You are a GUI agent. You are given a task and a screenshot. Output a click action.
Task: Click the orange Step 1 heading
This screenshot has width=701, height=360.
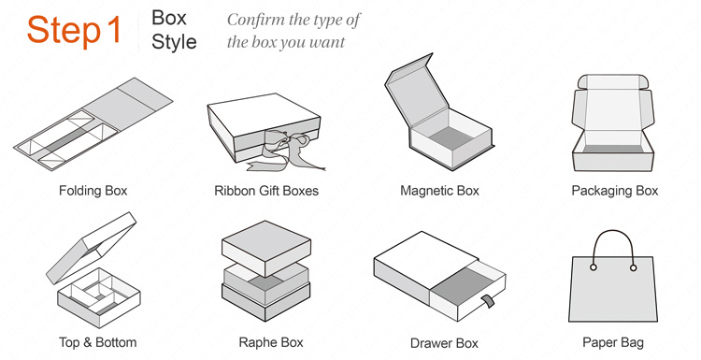point(74,30)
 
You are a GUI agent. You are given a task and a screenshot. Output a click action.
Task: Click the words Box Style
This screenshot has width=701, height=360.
point(174,30)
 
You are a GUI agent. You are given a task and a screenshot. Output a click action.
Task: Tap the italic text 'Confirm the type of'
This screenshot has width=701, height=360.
point(293,21)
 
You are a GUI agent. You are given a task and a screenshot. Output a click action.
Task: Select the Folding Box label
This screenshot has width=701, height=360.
point(93,191)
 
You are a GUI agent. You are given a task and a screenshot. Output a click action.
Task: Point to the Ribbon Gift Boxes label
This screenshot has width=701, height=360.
point(266,191)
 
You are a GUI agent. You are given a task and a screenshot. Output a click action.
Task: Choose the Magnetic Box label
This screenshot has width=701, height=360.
point(439,191)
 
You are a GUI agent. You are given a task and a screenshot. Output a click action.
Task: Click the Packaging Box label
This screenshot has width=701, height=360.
point(615,191)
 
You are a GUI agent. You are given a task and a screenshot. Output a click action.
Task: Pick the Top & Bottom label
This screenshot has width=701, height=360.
point(97,343)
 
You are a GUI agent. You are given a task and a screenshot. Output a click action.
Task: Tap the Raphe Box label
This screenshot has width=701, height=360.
point(271,343)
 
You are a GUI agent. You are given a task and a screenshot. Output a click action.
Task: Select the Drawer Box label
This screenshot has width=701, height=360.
point(444,343)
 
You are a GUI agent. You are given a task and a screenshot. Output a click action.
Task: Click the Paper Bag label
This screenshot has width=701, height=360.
point(613,343)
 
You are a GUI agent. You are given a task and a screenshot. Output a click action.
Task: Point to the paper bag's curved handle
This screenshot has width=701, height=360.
point(613,231)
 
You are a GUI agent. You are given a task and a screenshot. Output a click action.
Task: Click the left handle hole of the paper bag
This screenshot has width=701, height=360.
point(594,267)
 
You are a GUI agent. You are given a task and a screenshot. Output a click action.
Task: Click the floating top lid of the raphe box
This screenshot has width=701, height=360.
point(266,247)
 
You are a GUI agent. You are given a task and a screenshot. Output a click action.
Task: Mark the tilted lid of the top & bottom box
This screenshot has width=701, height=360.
point(92,247)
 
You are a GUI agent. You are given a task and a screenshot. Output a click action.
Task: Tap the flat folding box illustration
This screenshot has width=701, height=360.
point(93,123)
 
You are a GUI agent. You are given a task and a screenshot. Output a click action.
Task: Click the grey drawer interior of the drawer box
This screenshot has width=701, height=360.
point(459,282)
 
